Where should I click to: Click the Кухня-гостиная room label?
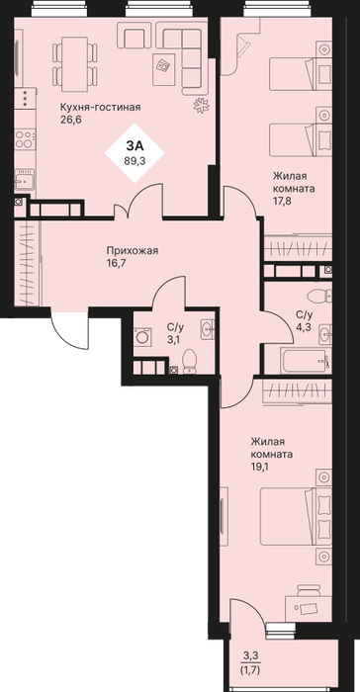(100, 107)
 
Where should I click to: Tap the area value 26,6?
(71, 120)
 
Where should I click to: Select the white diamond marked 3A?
(135, 152)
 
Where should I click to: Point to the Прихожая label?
(133, 251)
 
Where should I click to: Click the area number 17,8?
(283, 202)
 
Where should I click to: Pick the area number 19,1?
(261, 467)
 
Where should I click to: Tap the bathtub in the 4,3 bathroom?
(305, 361)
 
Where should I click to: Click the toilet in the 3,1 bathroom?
(190, 362)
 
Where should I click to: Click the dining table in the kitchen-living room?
(74, 64)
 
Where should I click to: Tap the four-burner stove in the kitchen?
(25, 139)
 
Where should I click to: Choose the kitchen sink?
(25, 180)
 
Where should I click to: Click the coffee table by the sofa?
(164, 69)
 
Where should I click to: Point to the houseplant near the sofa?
(202, 106)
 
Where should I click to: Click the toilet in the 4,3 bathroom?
(319, 296)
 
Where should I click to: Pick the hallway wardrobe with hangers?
(27, 264)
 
